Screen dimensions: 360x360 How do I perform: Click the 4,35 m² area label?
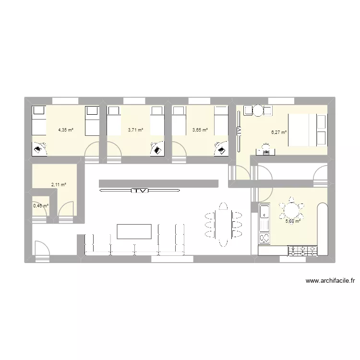pos(66,130)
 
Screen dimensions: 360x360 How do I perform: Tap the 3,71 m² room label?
pos(135,130)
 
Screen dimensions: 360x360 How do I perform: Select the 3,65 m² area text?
pos(200,130)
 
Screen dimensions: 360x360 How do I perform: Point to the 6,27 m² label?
pos(279,132)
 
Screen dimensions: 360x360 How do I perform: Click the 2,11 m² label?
pos(59,184)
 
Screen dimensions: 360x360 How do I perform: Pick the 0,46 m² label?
pos(41,205)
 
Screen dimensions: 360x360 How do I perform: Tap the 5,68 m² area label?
pos(293,221)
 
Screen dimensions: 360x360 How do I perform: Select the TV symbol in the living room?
pos(140,191)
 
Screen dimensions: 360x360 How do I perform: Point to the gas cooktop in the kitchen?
pos(303,250)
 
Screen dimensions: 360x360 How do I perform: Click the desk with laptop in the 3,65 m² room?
pos(221,148)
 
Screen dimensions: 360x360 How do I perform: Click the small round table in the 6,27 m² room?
pos(258,110)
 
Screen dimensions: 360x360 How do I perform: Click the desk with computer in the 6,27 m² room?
pos(264,150)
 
